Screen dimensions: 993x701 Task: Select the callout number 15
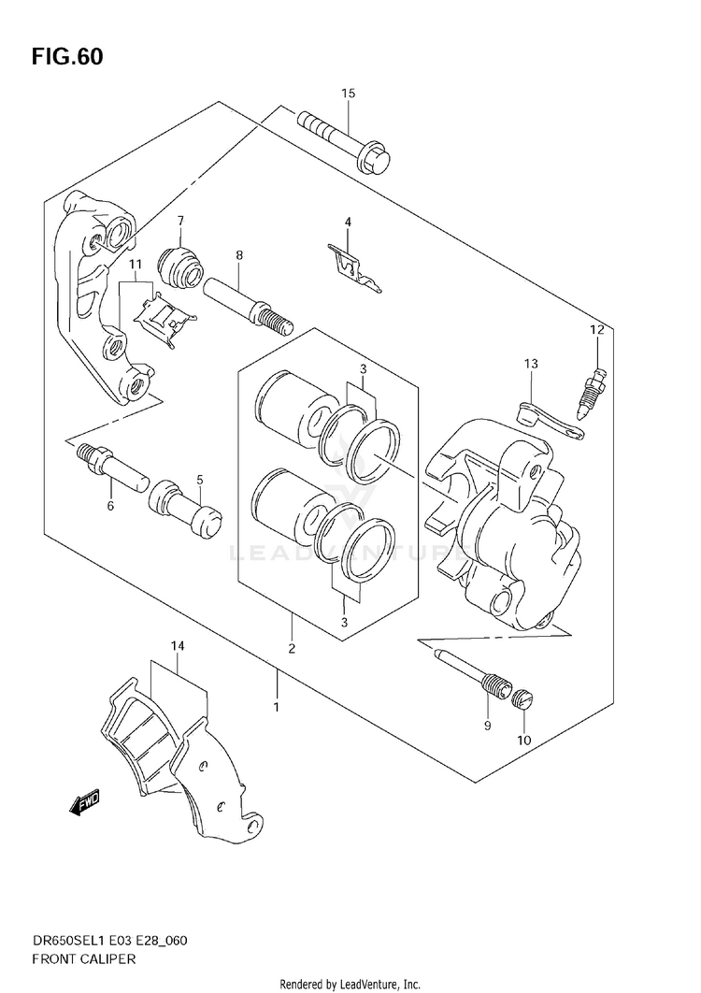tap(349, 94)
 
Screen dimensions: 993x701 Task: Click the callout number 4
tap(348, 222)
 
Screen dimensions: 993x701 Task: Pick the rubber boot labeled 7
tap(180, 266)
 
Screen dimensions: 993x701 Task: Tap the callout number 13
tap(531, 364)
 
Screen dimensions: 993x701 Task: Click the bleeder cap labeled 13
tap(551, 418)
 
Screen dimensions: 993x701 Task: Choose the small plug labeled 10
tap(525, 697)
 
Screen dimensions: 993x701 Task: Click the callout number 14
tap(178, 645)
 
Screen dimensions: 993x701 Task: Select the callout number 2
tap(292, 648)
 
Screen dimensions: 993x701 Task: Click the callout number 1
tap(277, 707)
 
